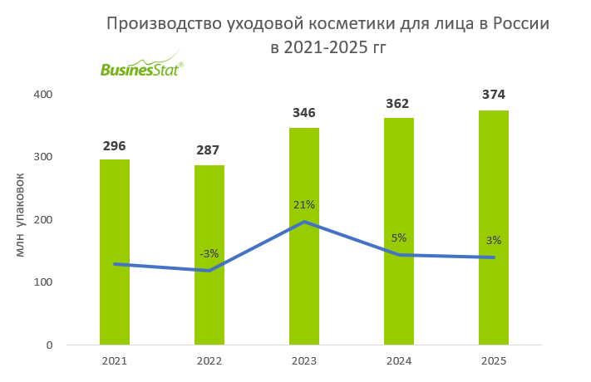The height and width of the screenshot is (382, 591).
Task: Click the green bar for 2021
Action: coord(115,252)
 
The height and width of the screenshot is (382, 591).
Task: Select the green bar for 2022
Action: coord(209,255)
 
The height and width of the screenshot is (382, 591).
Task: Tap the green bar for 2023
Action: coord(304,236)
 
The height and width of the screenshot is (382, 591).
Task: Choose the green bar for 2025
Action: coord(494,228)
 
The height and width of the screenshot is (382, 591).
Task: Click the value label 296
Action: coord(115,145)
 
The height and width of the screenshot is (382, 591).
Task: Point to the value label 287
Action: coord(209,150)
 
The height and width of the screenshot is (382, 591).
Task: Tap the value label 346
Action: coord(304,112)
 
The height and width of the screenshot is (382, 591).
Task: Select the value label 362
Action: coord(399,103)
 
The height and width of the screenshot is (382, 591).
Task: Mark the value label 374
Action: coord(494,94)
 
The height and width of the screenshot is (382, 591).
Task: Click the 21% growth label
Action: coord(304,204)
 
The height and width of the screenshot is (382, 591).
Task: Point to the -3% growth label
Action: coord(209,253)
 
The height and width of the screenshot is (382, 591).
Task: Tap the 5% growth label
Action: coord(399,238)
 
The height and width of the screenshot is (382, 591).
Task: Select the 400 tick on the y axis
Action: coord(43,95)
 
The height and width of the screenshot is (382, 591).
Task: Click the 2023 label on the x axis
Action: coord(304,360)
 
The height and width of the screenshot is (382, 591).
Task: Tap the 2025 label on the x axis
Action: coord(494,360)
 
